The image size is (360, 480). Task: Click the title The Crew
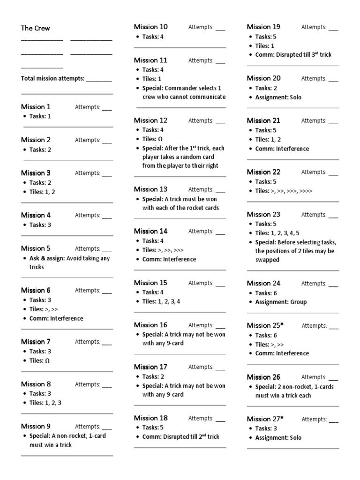tap(35, 28)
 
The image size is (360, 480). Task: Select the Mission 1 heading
tap(36, 107)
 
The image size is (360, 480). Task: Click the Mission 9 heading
tap(36, 426)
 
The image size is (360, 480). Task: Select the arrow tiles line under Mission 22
tap(284, 191)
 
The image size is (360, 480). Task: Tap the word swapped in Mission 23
tap(267, 260)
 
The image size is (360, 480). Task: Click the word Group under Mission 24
tap(298, 302)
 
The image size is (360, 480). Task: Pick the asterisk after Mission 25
tap(282, 324)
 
